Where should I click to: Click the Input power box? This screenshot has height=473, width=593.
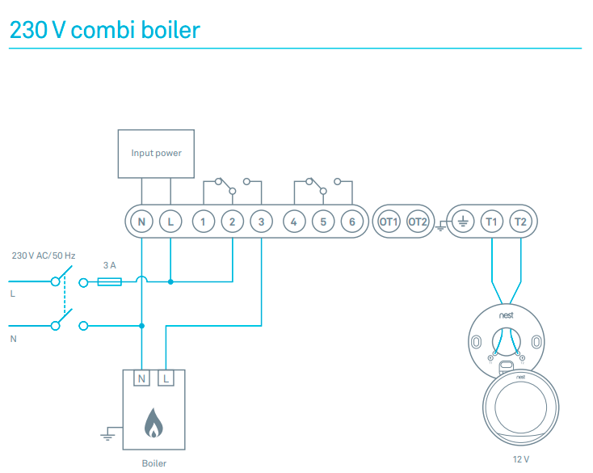156,153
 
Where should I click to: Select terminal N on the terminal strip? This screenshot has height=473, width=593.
141,221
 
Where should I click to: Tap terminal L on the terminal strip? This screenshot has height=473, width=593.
170,221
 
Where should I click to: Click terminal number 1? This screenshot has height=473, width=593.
204,221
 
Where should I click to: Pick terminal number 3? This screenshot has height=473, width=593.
261,221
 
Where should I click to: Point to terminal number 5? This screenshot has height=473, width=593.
323,221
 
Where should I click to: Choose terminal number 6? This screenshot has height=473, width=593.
351,221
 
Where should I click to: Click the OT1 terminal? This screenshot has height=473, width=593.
389,221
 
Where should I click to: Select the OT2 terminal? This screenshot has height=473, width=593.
418,221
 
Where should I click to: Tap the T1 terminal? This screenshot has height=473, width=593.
491,221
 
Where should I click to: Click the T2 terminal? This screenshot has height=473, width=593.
520,221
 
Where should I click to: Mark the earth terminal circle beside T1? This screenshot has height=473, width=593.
463,221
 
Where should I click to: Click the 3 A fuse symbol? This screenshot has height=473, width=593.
109,282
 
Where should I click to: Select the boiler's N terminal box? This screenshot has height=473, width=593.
142,378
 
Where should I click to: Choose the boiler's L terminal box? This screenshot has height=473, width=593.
166,378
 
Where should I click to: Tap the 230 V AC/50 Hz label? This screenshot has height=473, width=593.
44,256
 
